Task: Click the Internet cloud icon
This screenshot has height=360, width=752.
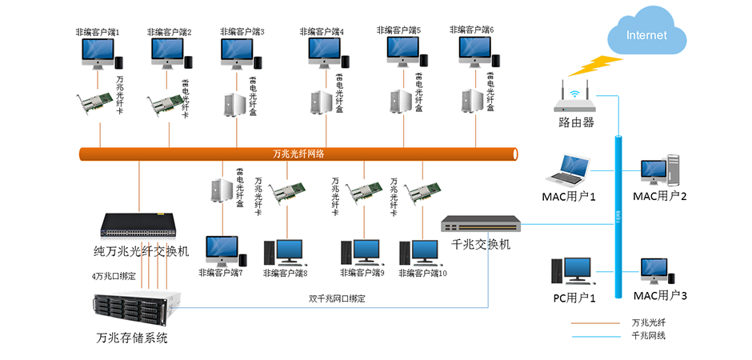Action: point(647,34)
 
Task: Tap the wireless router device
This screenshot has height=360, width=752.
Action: point(575,100)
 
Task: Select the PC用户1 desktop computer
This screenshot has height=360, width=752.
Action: point(571,271)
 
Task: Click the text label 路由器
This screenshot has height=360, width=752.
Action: point(576,122)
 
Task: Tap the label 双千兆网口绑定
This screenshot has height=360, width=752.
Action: point(338,298)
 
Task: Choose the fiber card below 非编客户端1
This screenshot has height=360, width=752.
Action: point(95,102)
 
